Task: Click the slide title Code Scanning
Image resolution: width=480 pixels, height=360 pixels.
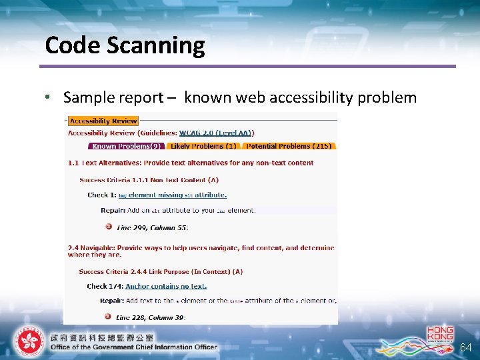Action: coord(125,45)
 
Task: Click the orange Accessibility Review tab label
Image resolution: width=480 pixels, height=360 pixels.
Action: coord(103,121)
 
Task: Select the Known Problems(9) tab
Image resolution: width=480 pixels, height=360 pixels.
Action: coord(125,146)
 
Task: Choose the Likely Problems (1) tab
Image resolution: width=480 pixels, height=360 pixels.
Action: coord(203,146)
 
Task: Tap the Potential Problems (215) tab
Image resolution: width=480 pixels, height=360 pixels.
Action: coord(289,146)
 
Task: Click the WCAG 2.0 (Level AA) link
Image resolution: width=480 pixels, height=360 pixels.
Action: coord(216,133)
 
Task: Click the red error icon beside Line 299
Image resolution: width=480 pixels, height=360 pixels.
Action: coord(108,227)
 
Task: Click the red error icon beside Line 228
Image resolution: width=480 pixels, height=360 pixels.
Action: coord(108,317)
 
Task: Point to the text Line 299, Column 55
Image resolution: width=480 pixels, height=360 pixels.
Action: coord(153,227)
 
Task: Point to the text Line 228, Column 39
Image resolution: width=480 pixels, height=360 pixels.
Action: coord(150,317)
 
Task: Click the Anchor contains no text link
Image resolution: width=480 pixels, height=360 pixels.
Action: coord(166,286)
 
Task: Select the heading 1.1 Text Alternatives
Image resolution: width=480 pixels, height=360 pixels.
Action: coord(191,163)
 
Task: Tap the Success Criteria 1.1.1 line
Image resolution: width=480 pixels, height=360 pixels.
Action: coord(149,180)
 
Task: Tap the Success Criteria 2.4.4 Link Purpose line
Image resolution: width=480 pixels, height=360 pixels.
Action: coord(161,272)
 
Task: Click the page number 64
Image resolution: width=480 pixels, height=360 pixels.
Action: coord(466,347)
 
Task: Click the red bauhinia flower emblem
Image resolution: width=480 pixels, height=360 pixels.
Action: coord(28,342)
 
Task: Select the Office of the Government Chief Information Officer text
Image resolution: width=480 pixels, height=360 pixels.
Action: coord(133,347)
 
